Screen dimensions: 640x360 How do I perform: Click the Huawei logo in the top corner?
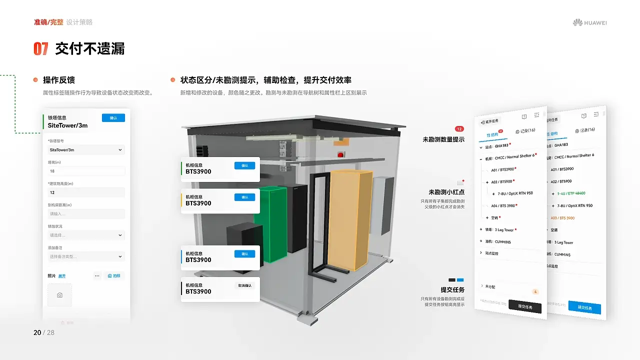[x=589, y=22]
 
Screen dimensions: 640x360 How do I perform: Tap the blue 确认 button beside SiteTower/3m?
[x=113, y=118]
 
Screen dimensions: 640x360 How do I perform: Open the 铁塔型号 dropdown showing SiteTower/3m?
[x=85, y=149]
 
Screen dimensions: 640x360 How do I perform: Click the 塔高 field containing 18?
[x=85, y=171]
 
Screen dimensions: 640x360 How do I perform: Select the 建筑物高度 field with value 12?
[x=85, y=192]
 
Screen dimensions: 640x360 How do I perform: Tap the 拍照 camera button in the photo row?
[x=114, y=275]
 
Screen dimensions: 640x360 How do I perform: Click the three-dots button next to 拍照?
[x=97, y=275]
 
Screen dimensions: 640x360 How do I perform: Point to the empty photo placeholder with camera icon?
[x=59, y=295]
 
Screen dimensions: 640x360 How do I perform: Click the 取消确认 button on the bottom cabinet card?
[x=244, y=285]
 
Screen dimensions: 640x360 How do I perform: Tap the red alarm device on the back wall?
[x=342, y=154]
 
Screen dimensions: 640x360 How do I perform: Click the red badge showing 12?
[x=459, y=129]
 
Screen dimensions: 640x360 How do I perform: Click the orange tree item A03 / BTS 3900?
[x=562, y=218]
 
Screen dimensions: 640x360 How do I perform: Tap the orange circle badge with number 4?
[x=535, y=291]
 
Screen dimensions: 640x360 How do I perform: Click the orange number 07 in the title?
[x=41, y=48]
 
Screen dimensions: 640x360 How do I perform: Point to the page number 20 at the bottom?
[x=37, y=332]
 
